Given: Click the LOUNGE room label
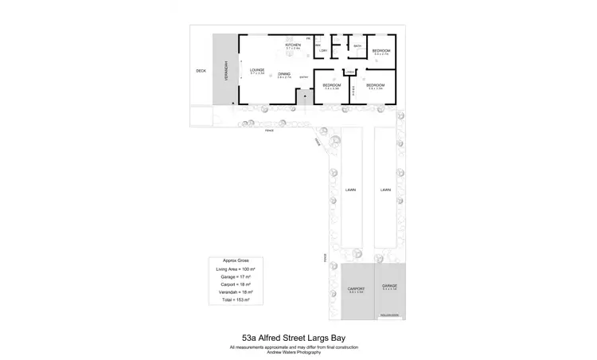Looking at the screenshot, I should pos(256,70).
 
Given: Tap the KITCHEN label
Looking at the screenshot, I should pos(293,45).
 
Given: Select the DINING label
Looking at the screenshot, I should pos(284,74).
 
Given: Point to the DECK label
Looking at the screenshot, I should pos(201,71).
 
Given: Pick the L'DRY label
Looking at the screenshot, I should pos(324,50).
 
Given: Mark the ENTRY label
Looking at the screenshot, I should pos(304,77).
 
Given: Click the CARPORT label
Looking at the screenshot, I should pos(356,288).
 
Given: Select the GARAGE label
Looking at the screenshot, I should pos(389,285).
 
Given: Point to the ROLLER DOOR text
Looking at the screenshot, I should pos(390,316).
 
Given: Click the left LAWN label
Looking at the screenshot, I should pos(350,190).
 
